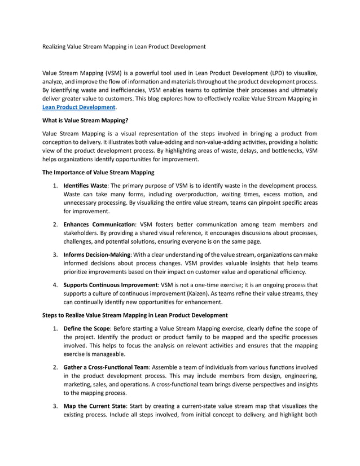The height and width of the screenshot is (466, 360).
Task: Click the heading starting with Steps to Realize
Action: tap(135, 315)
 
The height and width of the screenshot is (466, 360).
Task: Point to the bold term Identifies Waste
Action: tap(85, 186)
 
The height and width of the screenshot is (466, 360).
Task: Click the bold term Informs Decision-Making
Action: tap(97, 255)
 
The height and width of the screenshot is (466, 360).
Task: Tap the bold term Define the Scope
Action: tap(87, 328)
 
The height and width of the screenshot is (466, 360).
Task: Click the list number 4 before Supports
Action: tap(55, 285)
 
